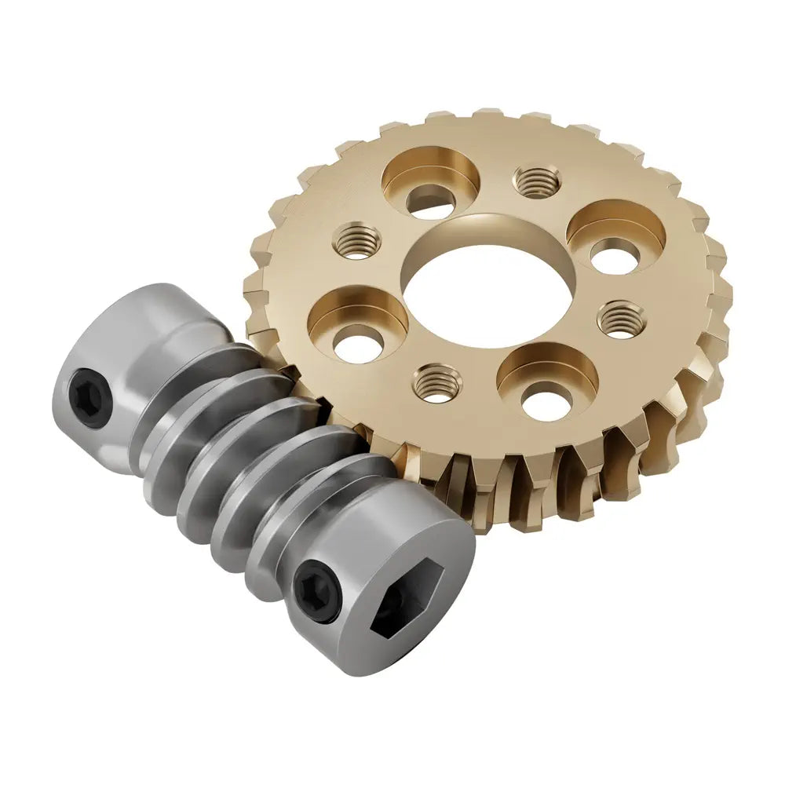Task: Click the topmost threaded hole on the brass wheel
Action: [x=538, y=181]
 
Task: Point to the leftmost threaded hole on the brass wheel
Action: [x=357, y=239]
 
